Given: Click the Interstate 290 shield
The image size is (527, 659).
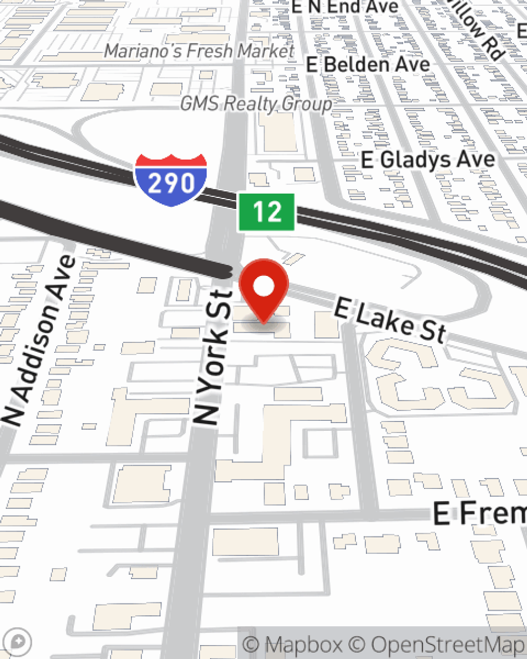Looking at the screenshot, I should [170, 180].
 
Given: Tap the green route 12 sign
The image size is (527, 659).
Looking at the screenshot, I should [266, 212].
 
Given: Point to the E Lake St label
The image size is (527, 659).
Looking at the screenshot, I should [390, 319].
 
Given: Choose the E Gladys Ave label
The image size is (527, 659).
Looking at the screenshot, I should [428, 159].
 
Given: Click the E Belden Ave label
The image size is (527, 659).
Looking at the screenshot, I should [368, 65].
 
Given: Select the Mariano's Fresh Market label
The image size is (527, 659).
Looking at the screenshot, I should [199, 51].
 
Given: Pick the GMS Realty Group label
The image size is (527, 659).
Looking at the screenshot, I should [256, 104].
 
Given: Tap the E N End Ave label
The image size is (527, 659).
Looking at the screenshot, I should [345, 7].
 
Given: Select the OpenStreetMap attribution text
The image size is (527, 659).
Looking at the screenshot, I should [448, 644].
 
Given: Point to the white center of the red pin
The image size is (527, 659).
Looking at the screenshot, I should [263, 287].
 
